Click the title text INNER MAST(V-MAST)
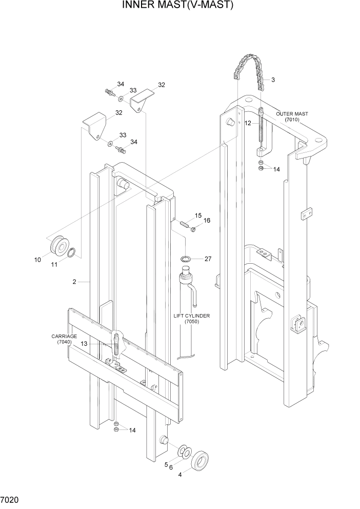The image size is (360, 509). pos(178,6)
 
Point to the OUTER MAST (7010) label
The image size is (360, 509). pos(292,116)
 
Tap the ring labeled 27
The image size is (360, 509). pos(187,258)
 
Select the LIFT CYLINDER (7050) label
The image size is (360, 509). pos(191,319)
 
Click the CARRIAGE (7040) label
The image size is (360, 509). pos(64,339)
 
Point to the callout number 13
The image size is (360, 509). pos(84,344)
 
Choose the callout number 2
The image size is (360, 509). pos(74,282)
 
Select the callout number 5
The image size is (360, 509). pos(166,465)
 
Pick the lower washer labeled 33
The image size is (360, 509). pos(111,143)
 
